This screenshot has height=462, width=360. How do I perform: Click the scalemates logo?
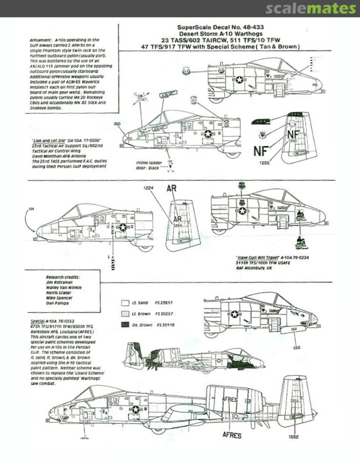tap(310, 9)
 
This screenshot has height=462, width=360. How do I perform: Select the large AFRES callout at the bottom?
tap(232, 435)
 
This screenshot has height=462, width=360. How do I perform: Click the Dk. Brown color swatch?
tap(125, 325)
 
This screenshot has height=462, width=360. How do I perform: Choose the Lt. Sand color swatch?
tap(125, 303)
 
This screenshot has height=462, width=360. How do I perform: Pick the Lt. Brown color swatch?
tap(125, 314)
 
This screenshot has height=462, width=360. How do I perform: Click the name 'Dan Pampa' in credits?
tap(57, 303)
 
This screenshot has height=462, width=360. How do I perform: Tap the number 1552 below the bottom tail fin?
tap(293, 437)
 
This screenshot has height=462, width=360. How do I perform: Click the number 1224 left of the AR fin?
tap(148, 187)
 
